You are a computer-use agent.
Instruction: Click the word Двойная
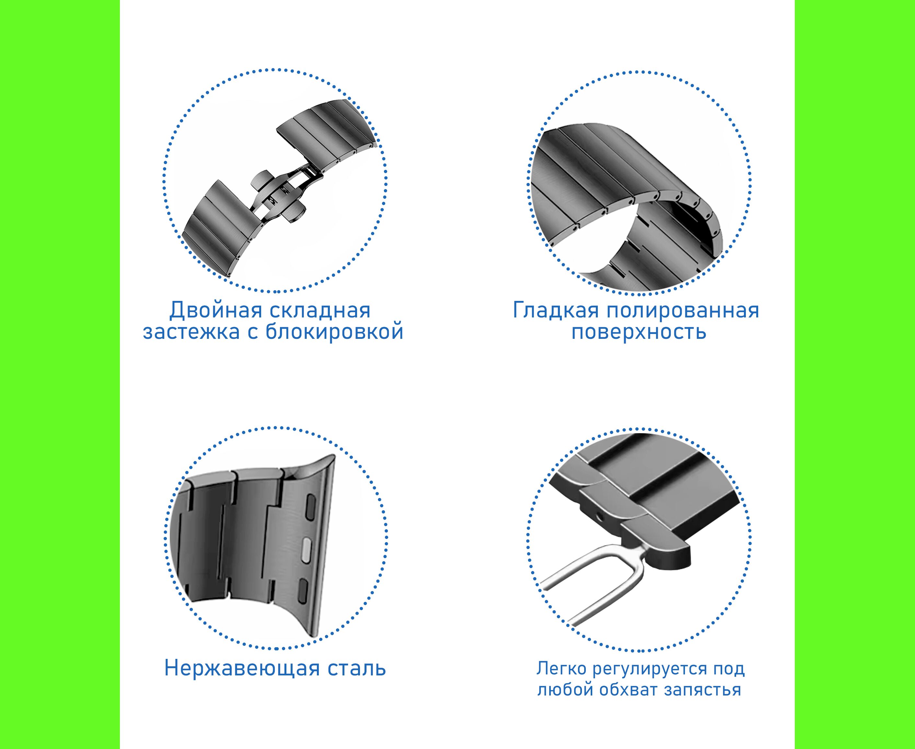coord(215,311)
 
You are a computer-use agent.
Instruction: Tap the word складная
coord(320,311)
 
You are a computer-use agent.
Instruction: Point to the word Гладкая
coord(556,310)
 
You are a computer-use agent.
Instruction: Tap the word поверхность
coord(639,333)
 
